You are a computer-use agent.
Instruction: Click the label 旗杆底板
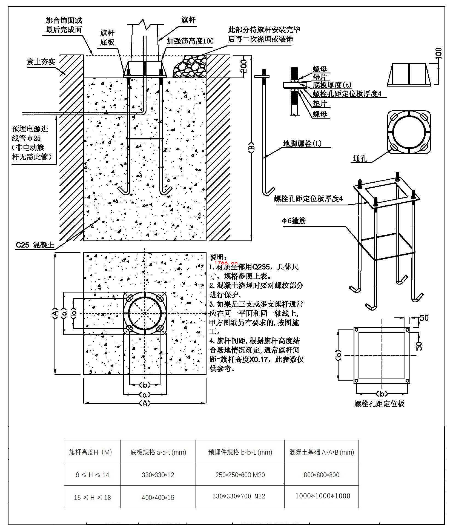107,38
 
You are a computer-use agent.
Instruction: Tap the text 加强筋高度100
190,41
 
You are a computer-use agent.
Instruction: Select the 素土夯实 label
41,62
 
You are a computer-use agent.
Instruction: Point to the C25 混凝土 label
35,245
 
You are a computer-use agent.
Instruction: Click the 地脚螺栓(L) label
302,143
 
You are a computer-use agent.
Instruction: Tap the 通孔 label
360,158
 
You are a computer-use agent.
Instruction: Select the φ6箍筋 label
294,220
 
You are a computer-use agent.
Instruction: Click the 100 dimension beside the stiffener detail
438,54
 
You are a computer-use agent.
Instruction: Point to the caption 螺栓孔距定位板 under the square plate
379,404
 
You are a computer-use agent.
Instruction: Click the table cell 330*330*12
158,475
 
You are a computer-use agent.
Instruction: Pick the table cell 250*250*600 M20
240,475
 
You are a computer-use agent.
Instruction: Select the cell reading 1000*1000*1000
323,496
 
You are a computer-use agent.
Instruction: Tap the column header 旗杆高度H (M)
90,452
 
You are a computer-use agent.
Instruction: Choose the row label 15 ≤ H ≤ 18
92,497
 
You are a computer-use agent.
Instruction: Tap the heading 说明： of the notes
218,257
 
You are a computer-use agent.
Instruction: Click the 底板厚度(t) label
332,85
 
